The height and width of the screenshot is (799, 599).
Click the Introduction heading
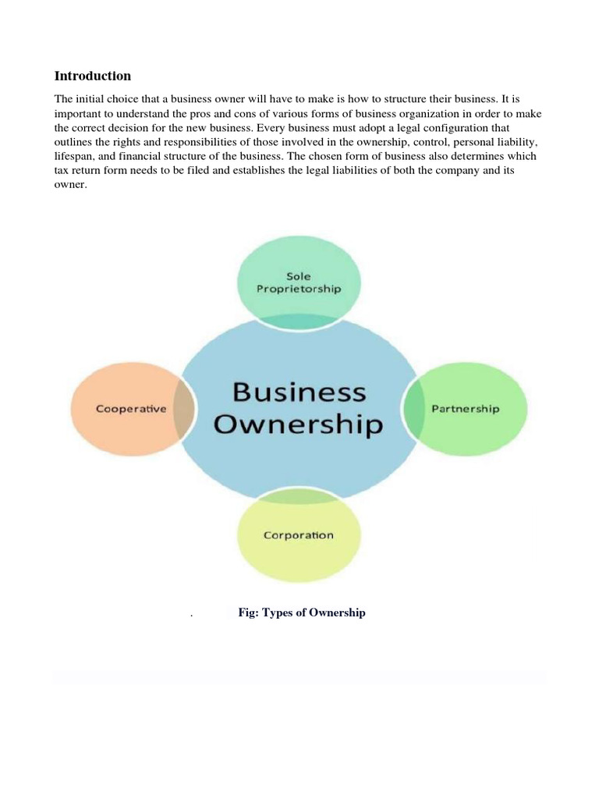click(92, 76)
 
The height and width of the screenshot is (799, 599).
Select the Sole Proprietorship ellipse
click(299, 266)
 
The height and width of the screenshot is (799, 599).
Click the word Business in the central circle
click(299, 391)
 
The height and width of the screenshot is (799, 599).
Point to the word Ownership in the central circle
click(299, 424)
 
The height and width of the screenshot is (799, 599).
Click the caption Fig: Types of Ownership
click(301, 613)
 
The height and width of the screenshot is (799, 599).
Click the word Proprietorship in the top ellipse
click(299, 288)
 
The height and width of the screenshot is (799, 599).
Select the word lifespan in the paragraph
click(76, 156)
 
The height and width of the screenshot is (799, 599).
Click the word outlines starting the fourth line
click(75, 142)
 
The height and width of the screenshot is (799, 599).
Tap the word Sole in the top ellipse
click(299, 276)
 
